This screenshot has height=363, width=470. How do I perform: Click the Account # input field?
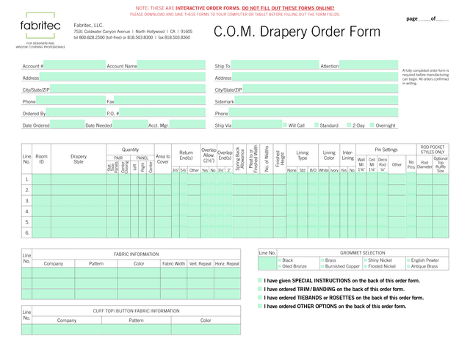tap(73, 66)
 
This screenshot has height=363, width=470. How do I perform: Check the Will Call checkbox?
tap(285, 125)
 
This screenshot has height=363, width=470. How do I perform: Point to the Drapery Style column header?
tap(79, 158)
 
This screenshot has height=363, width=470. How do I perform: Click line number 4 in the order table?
tap(27, 211)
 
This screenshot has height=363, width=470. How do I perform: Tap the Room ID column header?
tap(42, 158)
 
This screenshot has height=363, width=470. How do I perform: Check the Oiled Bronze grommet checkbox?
tap(280, 266)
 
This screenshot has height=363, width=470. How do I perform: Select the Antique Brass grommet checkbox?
tap(408, 266)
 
